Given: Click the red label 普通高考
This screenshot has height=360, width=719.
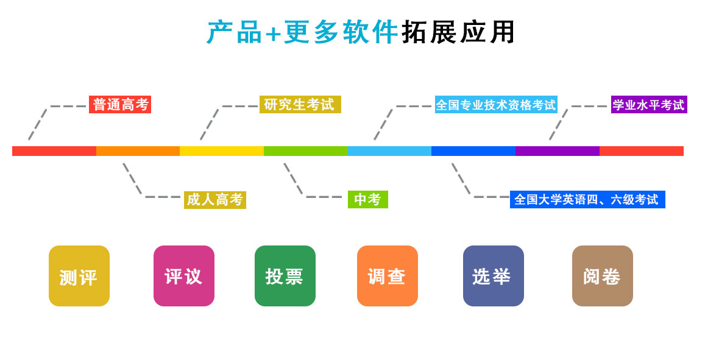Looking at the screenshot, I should pyautogui.click(x=120, y=105).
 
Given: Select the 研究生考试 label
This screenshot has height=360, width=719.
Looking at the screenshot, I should pyautogui.click(x=300, y=105).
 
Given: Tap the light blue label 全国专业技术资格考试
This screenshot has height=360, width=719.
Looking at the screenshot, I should pyautogui.click(x=496, y=105).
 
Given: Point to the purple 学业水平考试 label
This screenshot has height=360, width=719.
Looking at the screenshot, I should pyautogui.click(x=649, y=105).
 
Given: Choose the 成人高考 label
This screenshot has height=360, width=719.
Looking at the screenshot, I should pyautogui.click(x=214, y=200).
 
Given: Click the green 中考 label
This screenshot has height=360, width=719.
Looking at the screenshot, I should pyautogui.click(x=367, y=200).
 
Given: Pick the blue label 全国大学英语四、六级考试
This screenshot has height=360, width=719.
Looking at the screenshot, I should pyautogui.click(x=587, y=200).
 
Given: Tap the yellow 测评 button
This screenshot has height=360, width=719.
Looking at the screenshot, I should pyautogui.click(x=79, y=276).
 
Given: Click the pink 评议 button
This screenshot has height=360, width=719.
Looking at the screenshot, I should pyautogui.click(x=184, y=276).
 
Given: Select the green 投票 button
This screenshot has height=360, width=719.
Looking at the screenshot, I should pyautogui.click(x=285, y=276).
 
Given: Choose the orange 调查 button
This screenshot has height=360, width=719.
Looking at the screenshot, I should pyautogui.click(x=388, y=276).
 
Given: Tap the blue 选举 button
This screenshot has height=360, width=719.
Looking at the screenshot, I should pyautogui.click(x=494, y=276).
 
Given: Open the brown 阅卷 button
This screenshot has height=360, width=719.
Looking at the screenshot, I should pyautogui.click(x=603, y=276).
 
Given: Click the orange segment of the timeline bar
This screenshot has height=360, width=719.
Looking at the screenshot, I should pyautogui.click(x=138, y=151).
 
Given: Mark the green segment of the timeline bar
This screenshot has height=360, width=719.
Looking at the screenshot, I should pyautogui.click(x=306, y=151).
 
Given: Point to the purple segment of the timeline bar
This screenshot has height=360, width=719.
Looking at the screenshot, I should pyautogui.click(x=558, y=151).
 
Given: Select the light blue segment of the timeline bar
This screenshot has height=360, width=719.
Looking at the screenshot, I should pyautogui.click(x=390, y=151).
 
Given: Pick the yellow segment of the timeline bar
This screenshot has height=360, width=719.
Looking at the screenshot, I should pyautogui.click(x=222, y=151).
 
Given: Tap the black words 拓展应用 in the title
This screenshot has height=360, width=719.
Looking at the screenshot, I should pyautogui.click(x=458, y=32).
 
